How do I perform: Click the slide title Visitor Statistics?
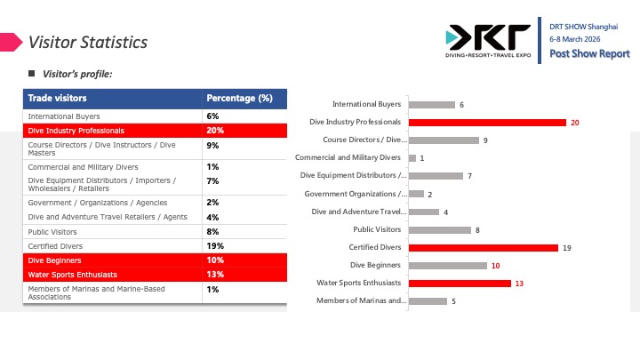click(88, 42)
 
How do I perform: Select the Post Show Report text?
click(589, 54)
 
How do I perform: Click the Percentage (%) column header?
click(239, 98)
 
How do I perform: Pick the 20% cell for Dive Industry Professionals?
click(215, 130)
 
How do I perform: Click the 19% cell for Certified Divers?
click(215, 245)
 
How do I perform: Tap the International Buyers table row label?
click(64, 116)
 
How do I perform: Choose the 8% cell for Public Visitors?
click(212, 231)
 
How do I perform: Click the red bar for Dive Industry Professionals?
click(487, 122)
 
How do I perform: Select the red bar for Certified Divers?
click(483, 247)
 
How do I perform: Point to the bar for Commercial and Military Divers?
click(412, 157)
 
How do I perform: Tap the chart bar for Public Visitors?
click(439, 229)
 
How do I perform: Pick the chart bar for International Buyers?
click(431, 104)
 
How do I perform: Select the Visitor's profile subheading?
click(78, 74)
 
